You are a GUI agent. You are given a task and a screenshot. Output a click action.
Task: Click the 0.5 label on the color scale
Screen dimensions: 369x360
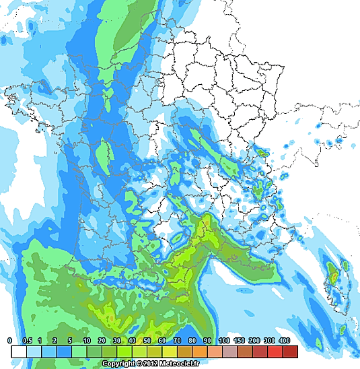[27, 341]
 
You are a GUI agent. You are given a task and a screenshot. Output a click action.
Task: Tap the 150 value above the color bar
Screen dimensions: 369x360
[239, 341]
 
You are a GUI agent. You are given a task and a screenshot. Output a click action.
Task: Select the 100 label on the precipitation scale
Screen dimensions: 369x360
[223, 341]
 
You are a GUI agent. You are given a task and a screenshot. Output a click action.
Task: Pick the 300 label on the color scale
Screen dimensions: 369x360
[268, 341]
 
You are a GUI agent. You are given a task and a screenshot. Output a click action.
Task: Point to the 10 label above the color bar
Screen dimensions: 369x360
[87, 341]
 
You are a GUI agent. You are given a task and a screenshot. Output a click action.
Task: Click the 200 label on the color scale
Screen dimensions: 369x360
[254, 341]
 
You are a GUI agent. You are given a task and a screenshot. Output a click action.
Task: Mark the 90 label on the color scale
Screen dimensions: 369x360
[208, 341]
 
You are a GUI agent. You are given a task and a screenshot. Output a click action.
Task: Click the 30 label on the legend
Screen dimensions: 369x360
[117, 341]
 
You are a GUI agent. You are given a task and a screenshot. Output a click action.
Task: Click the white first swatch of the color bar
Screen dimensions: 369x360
[19, 351]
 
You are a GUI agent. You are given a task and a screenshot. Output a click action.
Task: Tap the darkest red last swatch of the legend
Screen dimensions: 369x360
[290, 351]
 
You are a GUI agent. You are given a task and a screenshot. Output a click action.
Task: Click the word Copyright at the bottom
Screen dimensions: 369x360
[118, 363]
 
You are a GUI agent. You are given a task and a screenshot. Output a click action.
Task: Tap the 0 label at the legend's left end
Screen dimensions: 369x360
[10, 341]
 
